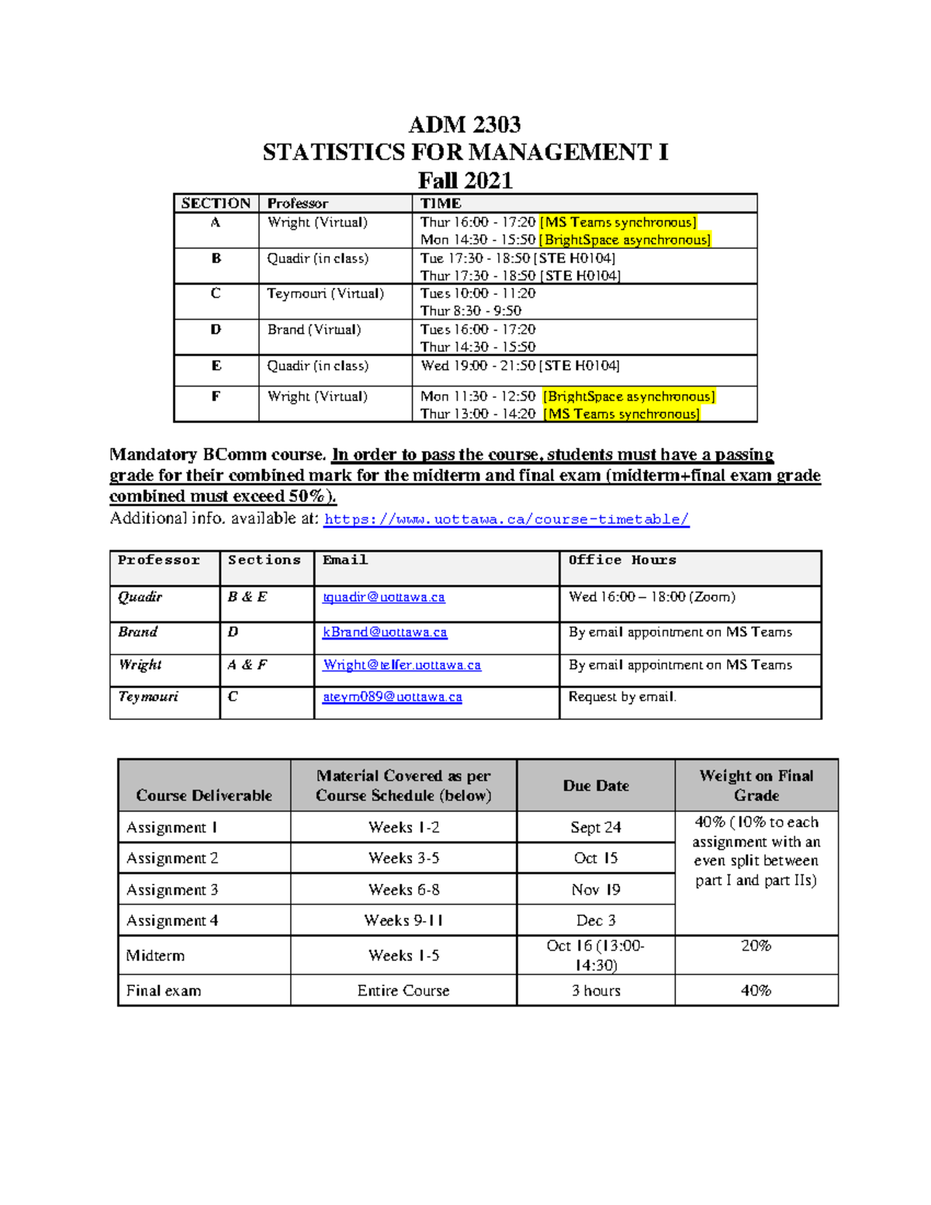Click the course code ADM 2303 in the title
point(465,125)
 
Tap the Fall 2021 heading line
point(465,181)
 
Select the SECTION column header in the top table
point(216,203)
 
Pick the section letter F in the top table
point(216,396)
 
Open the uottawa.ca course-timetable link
point(506,520)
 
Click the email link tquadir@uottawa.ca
point(384,597)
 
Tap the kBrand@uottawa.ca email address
point(385,632)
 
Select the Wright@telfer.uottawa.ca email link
point(402,665)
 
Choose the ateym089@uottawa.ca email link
point(393,697)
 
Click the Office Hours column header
point(622,560)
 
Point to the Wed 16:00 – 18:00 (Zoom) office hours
point(652,597)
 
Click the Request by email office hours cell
point(622,697)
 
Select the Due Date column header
point(595,785)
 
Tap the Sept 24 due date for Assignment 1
point(595,827)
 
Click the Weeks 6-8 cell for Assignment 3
point(403,889)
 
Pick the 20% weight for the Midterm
point(756,946)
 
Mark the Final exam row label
point(164,991)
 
